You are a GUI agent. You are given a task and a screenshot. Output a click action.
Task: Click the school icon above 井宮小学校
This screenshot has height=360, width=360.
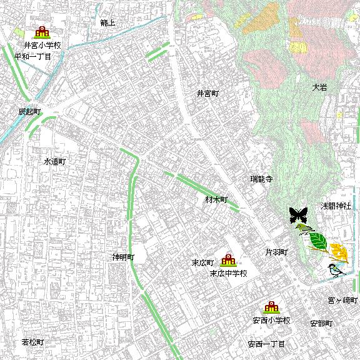[42, 32]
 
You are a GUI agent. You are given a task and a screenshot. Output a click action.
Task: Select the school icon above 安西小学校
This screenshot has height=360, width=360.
[272, 307]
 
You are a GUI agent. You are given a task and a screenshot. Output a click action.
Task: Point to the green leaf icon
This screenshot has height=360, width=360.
[318, 241]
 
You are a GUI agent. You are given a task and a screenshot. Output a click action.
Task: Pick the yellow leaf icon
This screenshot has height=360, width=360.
[339, 252]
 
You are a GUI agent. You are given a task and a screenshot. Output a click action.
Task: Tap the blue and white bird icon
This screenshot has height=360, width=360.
[336, 270]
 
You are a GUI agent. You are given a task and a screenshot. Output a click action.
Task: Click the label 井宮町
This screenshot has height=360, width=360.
[207, 94]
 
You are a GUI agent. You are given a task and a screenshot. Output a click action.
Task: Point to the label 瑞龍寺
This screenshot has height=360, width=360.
[261, 179]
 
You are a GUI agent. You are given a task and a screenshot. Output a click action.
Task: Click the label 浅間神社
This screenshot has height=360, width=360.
[336, 206]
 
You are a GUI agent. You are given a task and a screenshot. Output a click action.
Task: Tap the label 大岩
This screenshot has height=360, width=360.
[319, 87]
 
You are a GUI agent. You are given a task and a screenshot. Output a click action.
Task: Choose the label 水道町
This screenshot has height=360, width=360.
[54, 161]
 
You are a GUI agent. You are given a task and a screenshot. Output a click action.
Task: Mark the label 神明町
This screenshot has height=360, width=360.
[123, 257]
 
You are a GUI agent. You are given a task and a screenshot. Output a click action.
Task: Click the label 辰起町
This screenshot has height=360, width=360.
[29, 111]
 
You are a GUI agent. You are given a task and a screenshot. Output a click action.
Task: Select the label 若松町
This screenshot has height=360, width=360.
[32, 342]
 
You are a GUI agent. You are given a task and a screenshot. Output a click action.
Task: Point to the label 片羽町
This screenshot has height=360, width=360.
[276, 252]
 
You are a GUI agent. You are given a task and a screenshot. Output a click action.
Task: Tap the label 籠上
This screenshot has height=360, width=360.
[107, 22]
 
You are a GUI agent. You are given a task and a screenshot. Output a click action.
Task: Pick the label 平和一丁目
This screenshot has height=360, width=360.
[32, 56]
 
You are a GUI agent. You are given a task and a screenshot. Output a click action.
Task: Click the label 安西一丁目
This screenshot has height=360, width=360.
[266, 344]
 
